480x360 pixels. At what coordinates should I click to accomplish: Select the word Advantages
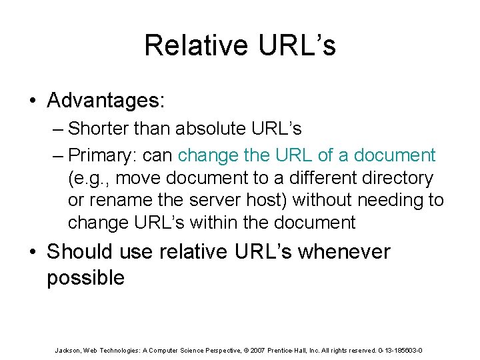pos(105,101)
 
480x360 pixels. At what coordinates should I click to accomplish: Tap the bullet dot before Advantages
pos(33,101)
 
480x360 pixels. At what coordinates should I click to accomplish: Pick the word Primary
pos(101,155)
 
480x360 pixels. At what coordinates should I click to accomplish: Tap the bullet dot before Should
pos(33,252)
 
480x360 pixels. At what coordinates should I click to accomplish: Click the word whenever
pos(344,251)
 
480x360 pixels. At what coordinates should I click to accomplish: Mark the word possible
pos(85,277)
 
